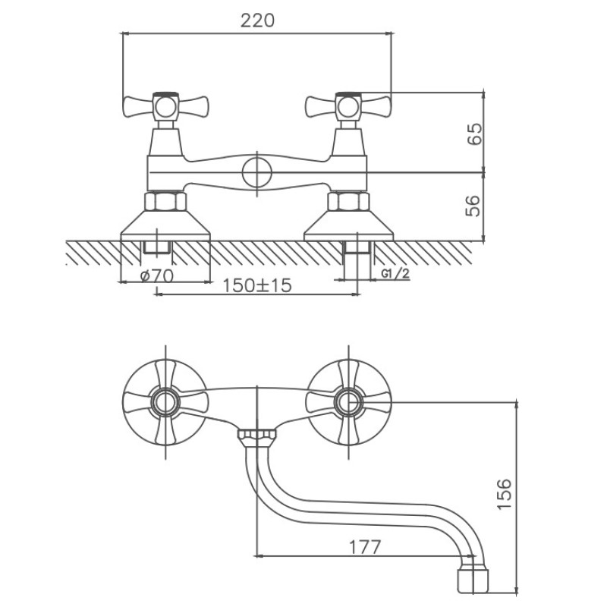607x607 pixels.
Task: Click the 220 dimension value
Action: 257,20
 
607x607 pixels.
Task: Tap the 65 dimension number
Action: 475,134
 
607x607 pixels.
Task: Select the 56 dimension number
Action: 473,206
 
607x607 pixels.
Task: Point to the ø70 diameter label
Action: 157,275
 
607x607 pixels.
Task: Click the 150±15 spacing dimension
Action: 256,286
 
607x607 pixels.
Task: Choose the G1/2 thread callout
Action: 395,273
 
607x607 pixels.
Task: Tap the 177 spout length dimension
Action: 365,547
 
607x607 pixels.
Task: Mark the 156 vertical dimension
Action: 505,495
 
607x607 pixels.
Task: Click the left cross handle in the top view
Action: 165,107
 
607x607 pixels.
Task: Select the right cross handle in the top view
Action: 348,107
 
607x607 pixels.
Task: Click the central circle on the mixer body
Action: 257,173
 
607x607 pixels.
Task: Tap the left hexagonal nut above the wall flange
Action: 165,201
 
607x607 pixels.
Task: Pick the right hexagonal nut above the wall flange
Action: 348,201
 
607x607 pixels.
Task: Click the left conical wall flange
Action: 165,225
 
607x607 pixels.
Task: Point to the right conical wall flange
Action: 348,225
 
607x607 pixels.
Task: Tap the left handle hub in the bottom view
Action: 165,402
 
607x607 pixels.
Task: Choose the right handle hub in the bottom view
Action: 348,402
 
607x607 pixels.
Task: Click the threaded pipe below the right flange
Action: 357,256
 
